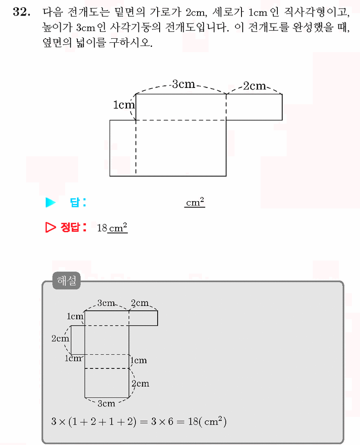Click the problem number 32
22,12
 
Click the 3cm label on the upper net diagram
184,84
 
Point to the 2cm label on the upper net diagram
255,86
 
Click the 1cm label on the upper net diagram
124,105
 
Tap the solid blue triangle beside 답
50,202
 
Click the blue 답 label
75,202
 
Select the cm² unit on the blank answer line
195,202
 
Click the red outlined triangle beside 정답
50,227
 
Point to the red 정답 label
70,227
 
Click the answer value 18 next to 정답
102,228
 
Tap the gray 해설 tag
66,281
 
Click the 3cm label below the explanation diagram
106,403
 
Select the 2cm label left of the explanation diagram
60,338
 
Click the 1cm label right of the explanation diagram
139,360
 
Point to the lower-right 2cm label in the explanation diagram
140,384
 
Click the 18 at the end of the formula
193,421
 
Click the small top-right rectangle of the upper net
254,107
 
